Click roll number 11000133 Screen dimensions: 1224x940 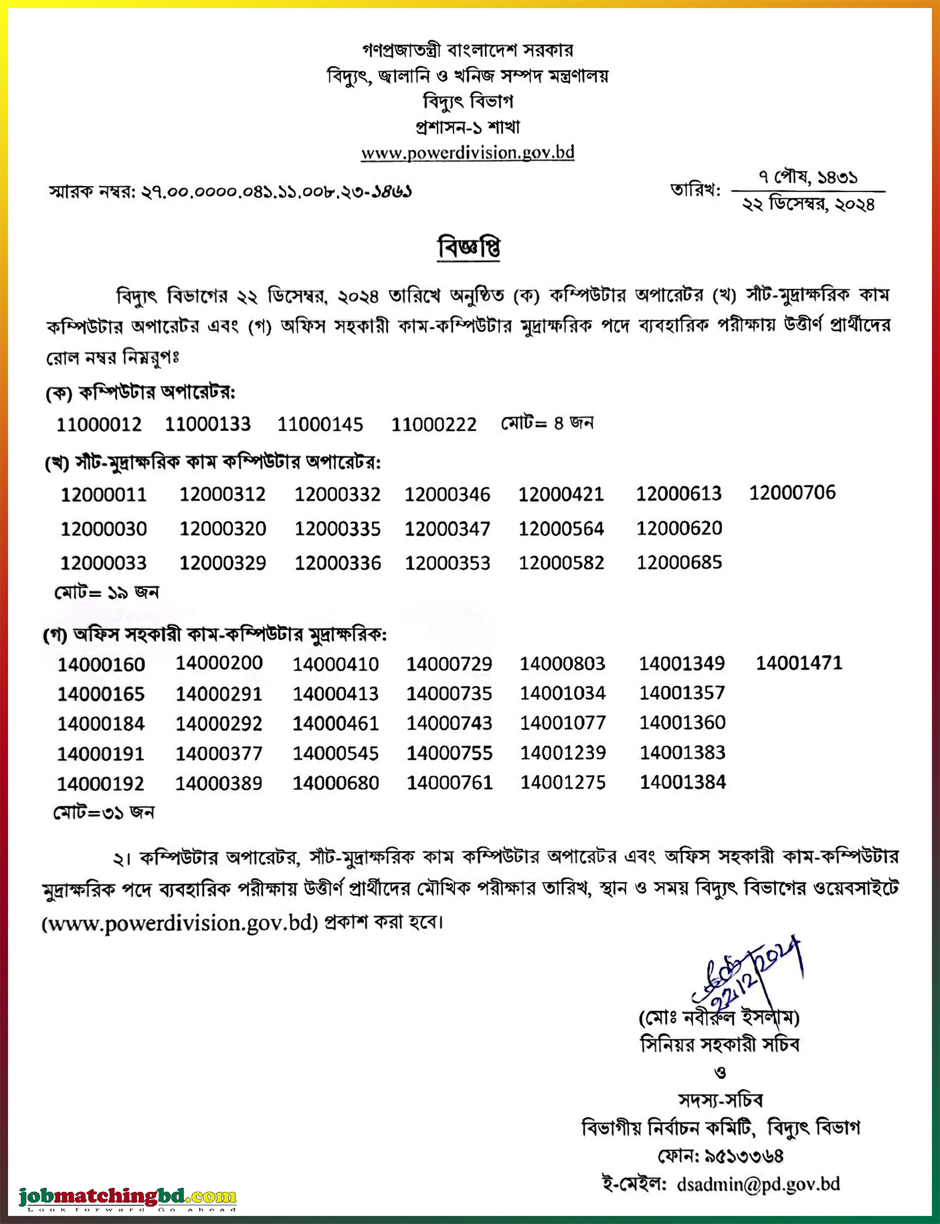click(x=207, y=424)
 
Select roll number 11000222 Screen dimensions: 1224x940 click(x=434, y=424)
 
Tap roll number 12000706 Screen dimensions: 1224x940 click(x=792, y=493)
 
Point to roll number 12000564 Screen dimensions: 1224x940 click(x=561, y=529)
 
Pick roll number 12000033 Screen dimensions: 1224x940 click(x=103, y=563)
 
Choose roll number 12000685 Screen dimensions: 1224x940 click(x=679, y=562)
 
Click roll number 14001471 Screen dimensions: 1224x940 click(x=799, y=663)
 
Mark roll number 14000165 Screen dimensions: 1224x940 click(x=100, y=694)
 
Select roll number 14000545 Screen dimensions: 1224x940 click(x=335, y=754)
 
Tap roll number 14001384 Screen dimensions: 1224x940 click(x=682, y=782)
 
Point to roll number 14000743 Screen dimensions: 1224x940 click(x=449, y=723)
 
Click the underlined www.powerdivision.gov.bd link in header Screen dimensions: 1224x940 click(x=468, y=153)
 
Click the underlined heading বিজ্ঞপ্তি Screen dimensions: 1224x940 click(x=469, y=248)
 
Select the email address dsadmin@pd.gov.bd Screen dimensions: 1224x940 click(x=758, y=1184)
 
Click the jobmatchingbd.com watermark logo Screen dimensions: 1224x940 click(x=128, y=1196)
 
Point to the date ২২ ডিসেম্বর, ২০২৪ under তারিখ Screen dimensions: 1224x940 click(x=808, y=205)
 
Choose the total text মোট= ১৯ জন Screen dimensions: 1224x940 click(x=106, y=592)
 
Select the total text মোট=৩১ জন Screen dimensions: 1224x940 click(x=104, y=812)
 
